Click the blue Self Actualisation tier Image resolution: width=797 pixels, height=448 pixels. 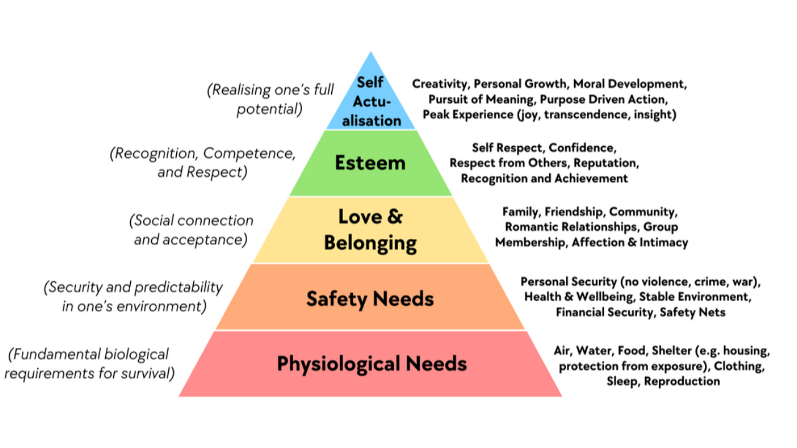click(x=371, y=103)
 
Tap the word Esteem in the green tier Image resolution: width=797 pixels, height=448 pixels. click(x=370, y=163)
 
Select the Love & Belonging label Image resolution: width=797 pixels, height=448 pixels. click(x=370, y=230)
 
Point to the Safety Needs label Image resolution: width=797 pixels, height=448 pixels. click(x=370, y=299)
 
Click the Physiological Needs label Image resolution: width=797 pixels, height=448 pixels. click(x=372, y=363)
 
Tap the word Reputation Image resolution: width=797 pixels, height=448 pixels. click(x=605, y=163)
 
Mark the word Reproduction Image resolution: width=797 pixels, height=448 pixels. click(x=682, y=381)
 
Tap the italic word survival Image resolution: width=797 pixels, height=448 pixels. click(x=150, y=373)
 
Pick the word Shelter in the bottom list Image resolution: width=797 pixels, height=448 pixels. click(x=672, y=350)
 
